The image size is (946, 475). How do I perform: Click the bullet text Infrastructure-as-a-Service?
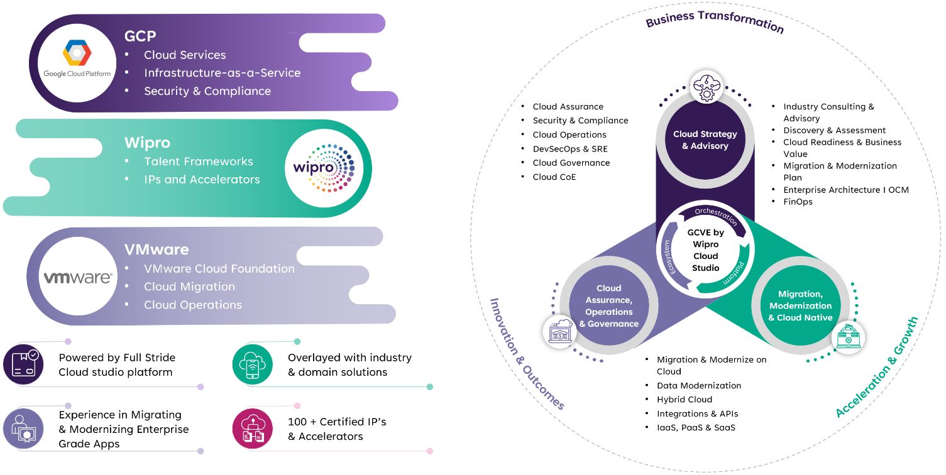222,73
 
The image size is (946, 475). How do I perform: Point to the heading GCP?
140,36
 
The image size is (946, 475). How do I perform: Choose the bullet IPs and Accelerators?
202,179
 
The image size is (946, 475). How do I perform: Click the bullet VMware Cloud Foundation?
219,268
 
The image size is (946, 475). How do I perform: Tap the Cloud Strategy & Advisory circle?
705,140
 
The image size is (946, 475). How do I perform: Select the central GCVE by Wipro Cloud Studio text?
705,250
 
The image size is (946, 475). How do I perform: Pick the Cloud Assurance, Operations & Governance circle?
608,306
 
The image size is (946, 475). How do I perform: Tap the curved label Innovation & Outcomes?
526,354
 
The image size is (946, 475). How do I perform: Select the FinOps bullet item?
798,202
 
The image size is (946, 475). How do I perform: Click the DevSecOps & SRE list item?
570,149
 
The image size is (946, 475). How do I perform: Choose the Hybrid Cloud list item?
685,400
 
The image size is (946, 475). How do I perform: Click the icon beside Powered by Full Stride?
23,364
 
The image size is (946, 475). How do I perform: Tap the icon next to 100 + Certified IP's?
252,429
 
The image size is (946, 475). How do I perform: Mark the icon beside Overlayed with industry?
252,364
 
